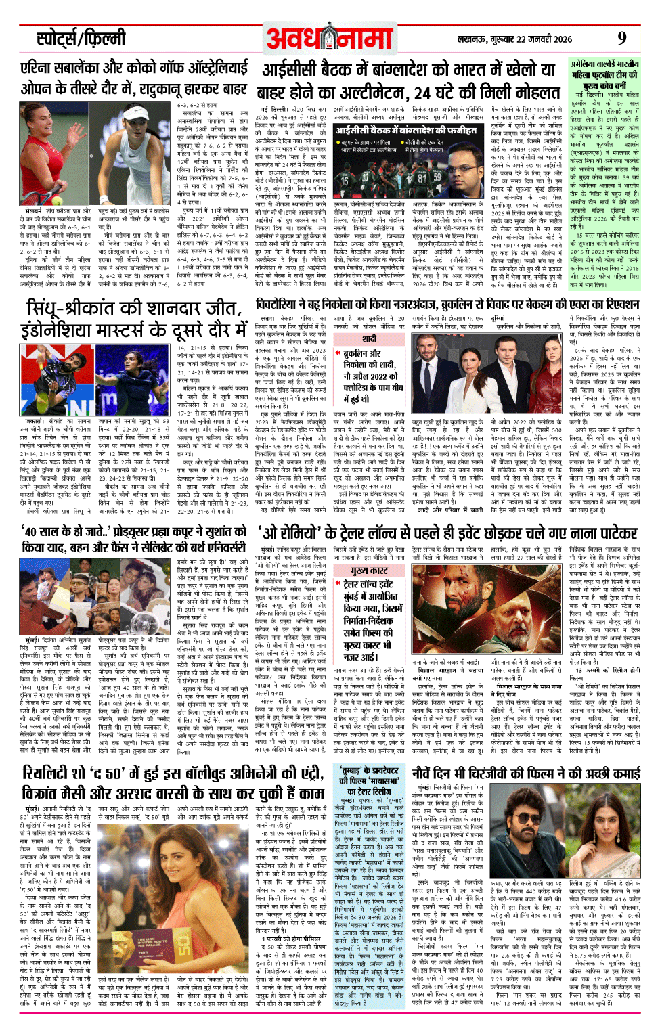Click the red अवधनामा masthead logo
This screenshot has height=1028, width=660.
pyautogui.click(x=330, y=39)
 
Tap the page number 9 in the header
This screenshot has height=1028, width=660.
pyautogui.click(x=621, y=38)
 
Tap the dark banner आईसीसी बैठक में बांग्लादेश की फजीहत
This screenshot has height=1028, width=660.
pyautogui.click(x=406, y=130)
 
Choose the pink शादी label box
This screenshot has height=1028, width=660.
pyautogui.click(x=368, y=338)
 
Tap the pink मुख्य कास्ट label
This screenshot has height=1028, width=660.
pyautogui.click(x=369, y=571)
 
